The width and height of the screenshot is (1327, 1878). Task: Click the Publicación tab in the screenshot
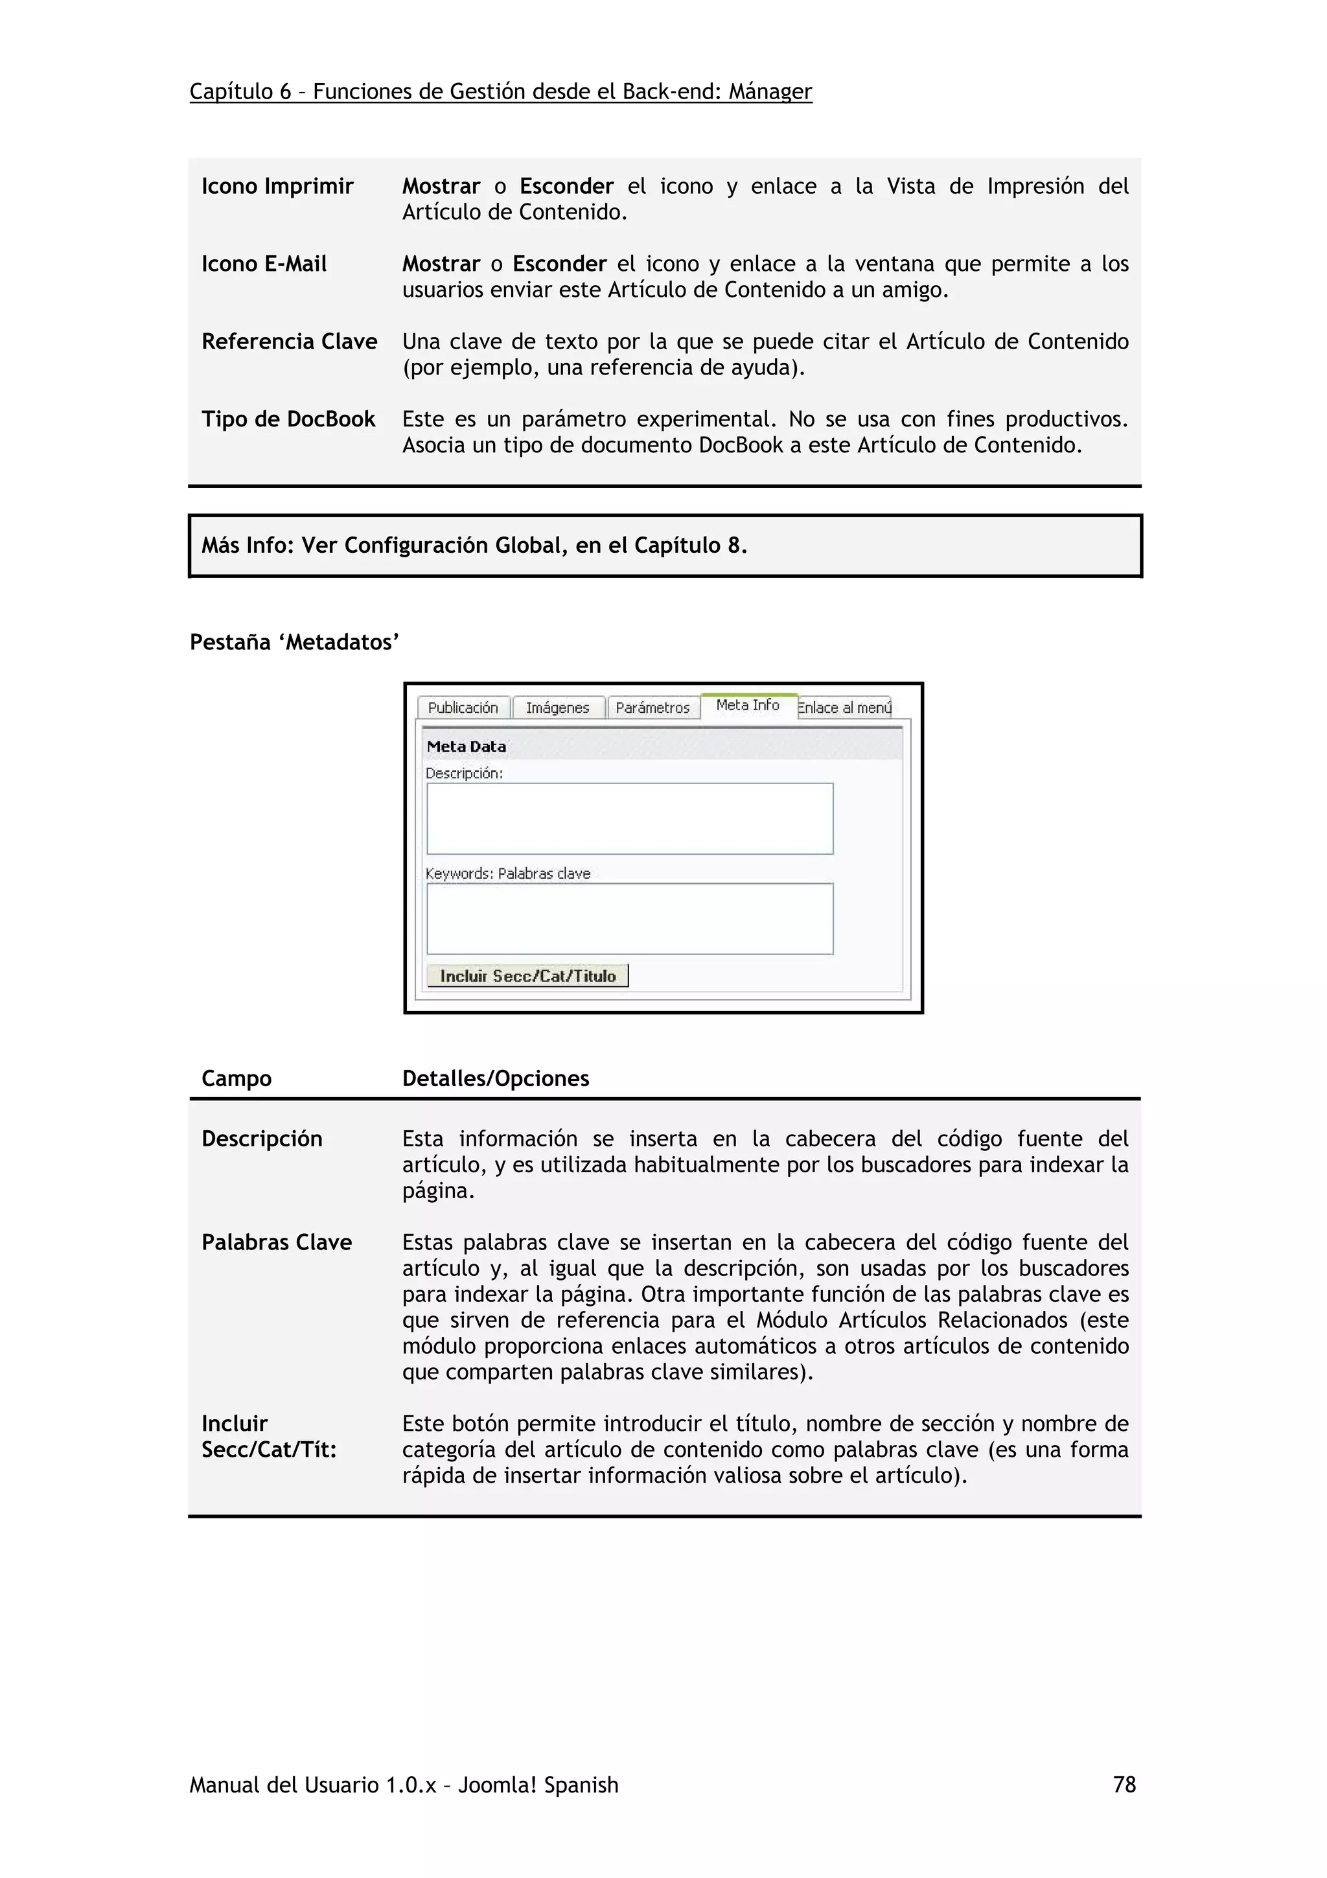click(463, 708)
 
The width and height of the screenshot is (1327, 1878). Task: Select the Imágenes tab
click(558, 708)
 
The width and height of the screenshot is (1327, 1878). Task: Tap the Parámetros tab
click(652, 708)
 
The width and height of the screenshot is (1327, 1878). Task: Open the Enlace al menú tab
click(844, 708)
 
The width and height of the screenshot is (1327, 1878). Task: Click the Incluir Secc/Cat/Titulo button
click(527, 976)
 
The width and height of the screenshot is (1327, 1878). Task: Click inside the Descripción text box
click(630, 818)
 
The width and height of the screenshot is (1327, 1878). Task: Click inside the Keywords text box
click(630, 918)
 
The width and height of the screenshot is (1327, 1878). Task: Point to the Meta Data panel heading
click(467, 746)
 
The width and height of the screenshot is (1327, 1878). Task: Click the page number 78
click(1124, 1784)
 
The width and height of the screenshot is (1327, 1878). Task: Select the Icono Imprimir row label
click(277, 187)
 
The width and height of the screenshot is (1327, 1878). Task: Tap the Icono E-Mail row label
click(264, 264)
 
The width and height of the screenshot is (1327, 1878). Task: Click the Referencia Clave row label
click(290, 342)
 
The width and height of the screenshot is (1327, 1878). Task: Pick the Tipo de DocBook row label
click(288, 420)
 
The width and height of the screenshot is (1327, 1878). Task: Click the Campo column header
click(237, 1078)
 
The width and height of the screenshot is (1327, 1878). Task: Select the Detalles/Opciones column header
click(496, 1078)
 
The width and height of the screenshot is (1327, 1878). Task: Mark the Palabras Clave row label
click(277, 1242)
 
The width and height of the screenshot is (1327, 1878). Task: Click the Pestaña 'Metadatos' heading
click(294, 642)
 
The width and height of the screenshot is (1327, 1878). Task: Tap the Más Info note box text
click(474, 546)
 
